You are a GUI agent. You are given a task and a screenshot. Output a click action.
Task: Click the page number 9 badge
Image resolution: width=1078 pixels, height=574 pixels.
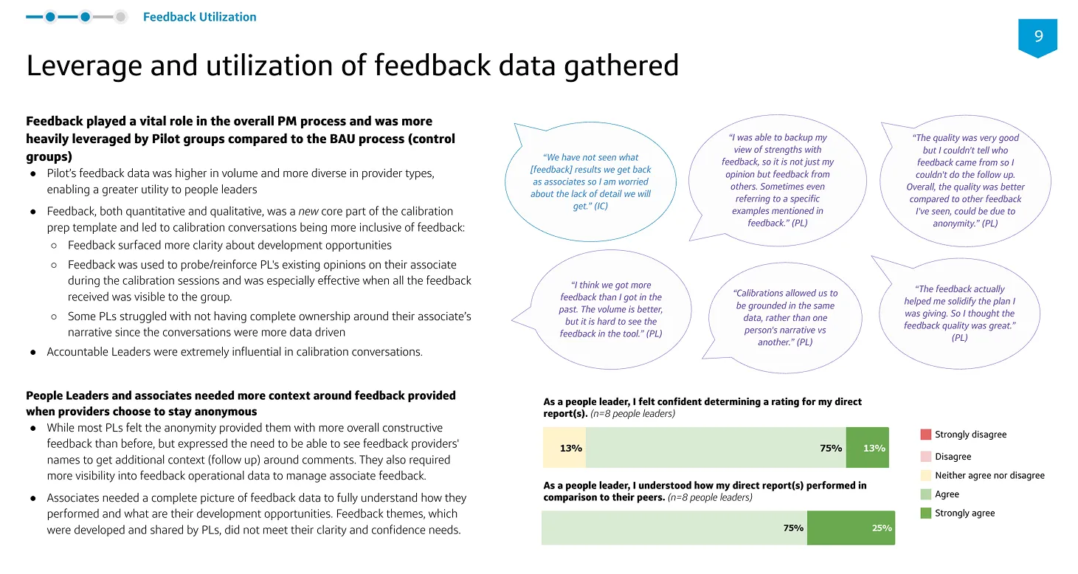pos(1037,37)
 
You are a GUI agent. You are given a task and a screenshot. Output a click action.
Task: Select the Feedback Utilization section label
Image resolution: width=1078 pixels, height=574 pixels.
pos(200,17)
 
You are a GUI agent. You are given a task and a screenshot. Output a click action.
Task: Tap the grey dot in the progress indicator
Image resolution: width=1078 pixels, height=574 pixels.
pos(120,17)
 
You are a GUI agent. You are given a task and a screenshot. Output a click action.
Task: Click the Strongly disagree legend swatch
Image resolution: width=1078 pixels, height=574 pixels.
pos(925,435)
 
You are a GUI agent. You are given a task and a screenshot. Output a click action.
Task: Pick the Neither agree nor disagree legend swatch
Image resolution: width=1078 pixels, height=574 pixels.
pos(925,475)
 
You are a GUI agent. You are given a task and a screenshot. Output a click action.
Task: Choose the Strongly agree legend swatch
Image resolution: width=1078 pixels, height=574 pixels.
pos(925,513)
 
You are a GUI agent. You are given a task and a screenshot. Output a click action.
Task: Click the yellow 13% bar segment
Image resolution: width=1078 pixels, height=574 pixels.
pos(564,447)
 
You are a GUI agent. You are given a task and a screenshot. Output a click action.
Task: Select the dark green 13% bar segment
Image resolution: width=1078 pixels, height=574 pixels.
pos(868,447)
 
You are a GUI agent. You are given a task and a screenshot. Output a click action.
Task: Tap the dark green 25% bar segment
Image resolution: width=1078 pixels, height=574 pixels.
pos(851,528)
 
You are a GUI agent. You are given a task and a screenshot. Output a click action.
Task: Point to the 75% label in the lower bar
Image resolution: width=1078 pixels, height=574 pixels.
pos(793,528)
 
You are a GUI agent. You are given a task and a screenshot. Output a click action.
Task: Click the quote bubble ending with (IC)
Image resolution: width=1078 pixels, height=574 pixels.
pos(590,181)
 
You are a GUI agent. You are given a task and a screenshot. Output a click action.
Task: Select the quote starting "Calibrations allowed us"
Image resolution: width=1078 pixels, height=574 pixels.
pos(785,317)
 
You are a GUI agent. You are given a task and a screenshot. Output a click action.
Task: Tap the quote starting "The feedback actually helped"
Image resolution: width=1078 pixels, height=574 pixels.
pos(959,314)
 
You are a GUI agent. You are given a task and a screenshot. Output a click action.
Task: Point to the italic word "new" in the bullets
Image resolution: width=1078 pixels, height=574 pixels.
pos(308,211)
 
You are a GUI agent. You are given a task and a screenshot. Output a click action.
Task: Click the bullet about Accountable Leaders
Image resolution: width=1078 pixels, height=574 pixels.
pos(235,352)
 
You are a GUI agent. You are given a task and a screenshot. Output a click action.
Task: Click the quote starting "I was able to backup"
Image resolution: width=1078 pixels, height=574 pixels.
pos(777,180)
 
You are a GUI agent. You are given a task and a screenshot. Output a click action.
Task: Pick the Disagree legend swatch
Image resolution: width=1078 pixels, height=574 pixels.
pos(925,456)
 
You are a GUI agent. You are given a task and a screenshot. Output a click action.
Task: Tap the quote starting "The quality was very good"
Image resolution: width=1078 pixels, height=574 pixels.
pos(965,181)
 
